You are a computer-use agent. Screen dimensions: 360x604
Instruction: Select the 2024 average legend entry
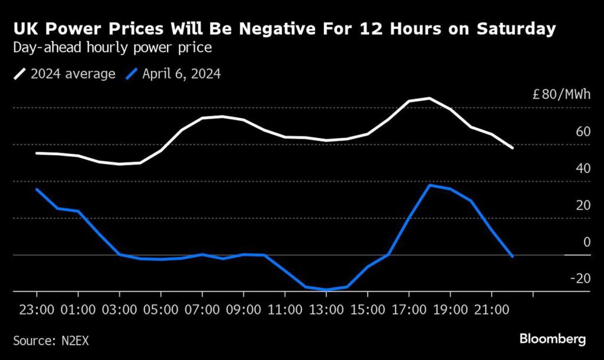pyautogui.click(x=65, y=74)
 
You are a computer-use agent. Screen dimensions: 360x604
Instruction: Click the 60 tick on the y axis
pyautogui.click(x=583, y=132)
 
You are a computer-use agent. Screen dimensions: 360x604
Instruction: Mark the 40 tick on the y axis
pyautogui.click(x=583, y=169)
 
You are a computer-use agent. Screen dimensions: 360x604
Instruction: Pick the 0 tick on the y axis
pyautogui.click(x=586, y=242)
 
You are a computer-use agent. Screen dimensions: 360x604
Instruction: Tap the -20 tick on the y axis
pyautogui.click(x=579, y=279)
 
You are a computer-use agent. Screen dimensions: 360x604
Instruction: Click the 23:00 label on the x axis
pyautogui.click(x=37, y=309)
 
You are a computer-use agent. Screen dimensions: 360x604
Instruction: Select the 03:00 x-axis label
pyautogui.click(x=119, y=309)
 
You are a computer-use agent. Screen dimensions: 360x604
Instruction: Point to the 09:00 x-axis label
pyautogui.click(x=243, y=309)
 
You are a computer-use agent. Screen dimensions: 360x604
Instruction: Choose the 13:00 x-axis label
pyautogui.click(x=326, y=309)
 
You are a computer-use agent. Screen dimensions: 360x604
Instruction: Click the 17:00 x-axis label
pyautogui.click(x=408, y=309)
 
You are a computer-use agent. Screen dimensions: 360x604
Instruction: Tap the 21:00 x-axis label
pyautogui.click(x=491, y=309)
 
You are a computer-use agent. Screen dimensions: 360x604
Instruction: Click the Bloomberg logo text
pyautogui.click(x=553, y=339)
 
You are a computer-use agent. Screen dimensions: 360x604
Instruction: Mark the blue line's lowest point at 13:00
pyautogui.click(x=326, y=290)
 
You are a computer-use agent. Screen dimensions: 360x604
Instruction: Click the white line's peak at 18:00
pyautogui.click(x=429, y=98)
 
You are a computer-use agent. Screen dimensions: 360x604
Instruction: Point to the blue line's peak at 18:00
pyautogui.click(x=429, y=185)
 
